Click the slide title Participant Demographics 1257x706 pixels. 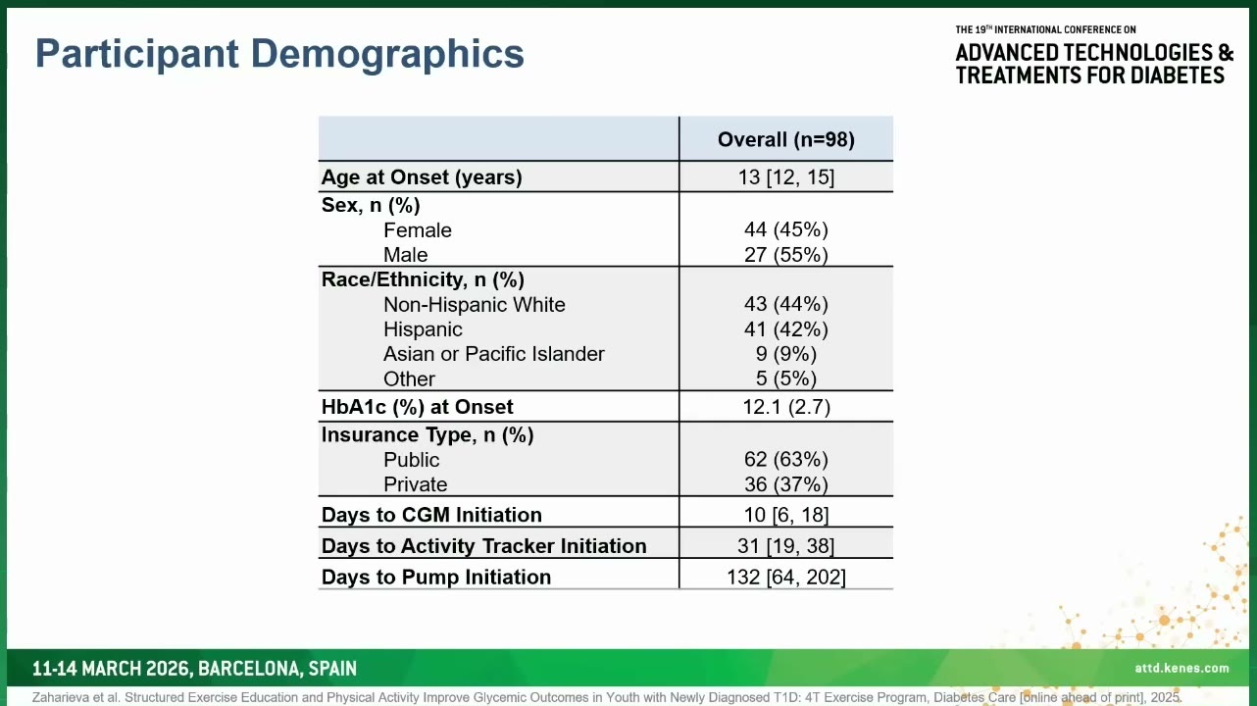pos(279,55)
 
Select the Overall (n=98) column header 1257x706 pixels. pos(785,139)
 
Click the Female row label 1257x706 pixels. pos(418,230)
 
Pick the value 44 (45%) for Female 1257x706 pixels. pos(785,229)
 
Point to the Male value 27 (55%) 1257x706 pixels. pos(785,255)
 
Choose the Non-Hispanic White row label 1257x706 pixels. pos(475,305)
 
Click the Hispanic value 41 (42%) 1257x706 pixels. pos(785,329)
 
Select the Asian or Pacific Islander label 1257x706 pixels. pos(494,354)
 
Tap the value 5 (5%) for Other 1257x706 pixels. pos(785,378)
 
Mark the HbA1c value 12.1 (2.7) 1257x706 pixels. pos(785,407)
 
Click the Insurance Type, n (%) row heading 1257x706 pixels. pos(427,435)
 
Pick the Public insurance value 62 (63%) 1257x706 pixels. pos(785,460)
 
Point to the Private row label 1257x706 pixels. pos(416,484)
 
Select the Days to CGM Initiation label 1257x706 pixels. pos(431,515)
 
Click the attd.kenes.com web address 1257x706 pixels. pos(1182,669)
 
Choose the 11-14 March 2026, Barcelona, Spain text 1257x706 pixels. pos(194,669)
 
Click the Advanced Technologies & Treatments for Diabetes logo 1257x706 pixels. pos(1093,56)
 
